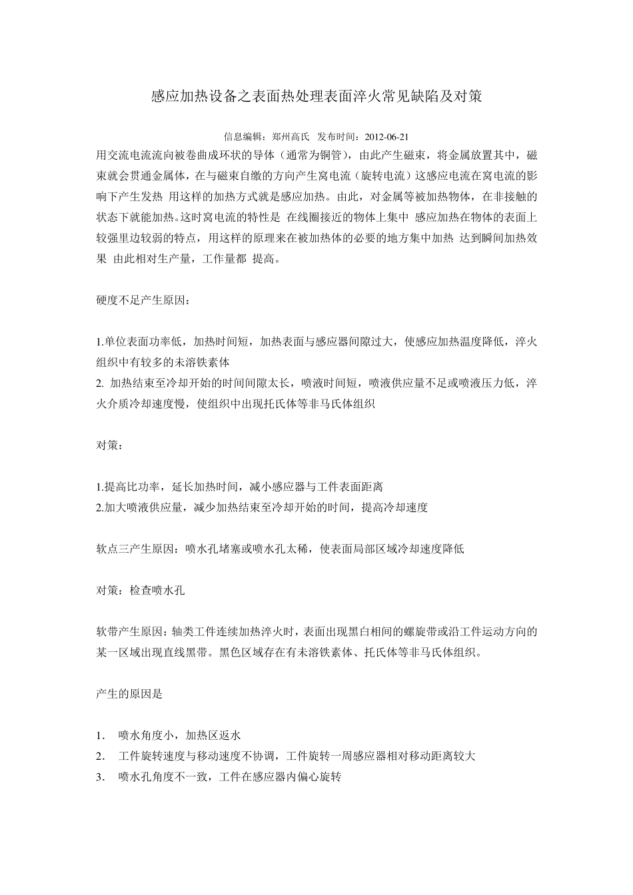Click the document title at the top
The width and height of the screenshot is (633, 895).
316,97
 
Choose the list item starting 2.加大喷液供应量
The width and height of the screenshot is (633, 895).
262,507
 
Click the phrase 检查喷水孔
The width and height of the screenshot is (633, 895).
157,590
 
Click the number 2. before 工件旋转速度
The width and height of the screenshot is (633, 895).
101,756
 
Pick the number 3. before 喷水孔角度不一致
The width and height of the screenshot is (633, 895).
101,776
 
